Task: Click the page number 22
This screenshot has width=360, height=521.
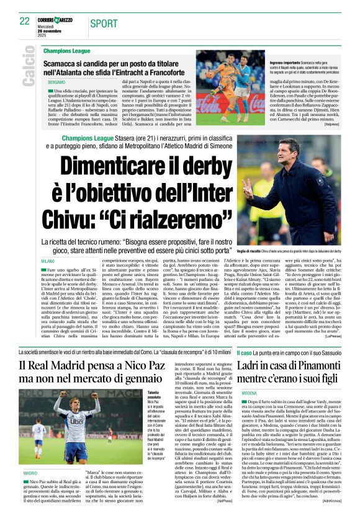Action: click(25, 21)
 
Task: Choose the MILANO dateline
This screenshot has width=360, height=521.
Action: click(48, 261)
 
